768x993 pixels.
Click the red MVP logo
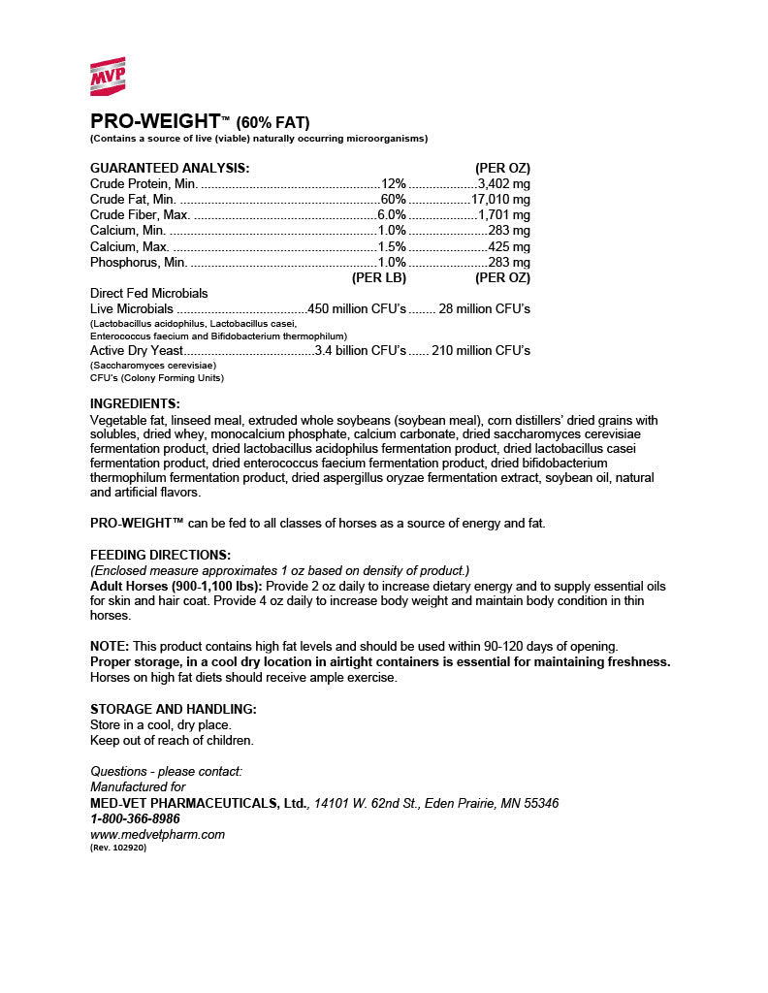pyautogui.click(x=108, y=77)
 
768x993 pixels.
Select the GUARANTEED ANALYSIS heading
pyautogui.click(x=170, y=168)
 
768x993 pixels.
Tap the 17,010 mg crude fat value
pyautogui.click(x=500, y=199)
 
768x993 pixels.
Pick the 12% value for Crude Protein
pyautogui.click(x=394, y=183)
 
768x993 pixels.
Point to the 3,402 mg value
pyautogui.click(x=503, y=183)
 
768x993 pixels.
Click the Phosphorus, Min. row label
pyautogui.click(x=139, y=262)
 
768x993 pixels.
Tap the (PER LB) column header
pyautogui.click(x=378, y=277)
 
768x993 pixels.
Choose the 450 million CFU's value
pyautogui.click(x=357, y=308)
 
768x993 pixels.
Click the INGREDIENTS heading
pyautogui.click(x=135, y=403)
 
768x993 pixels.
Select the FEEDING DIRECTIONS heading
pyautogui.click(x=160, y=555)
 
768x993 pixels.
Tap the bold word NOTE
pyautogui.click(x=110, y=646)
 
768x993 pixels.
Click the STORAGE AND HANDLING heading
pyautogui.click(x=173, y=709)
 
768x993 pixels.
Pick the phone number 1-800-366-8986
pyautogui.click(x=135, y=818)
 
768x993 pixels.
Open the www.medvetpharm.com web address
pyautogui.click(x=157, y=834)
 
